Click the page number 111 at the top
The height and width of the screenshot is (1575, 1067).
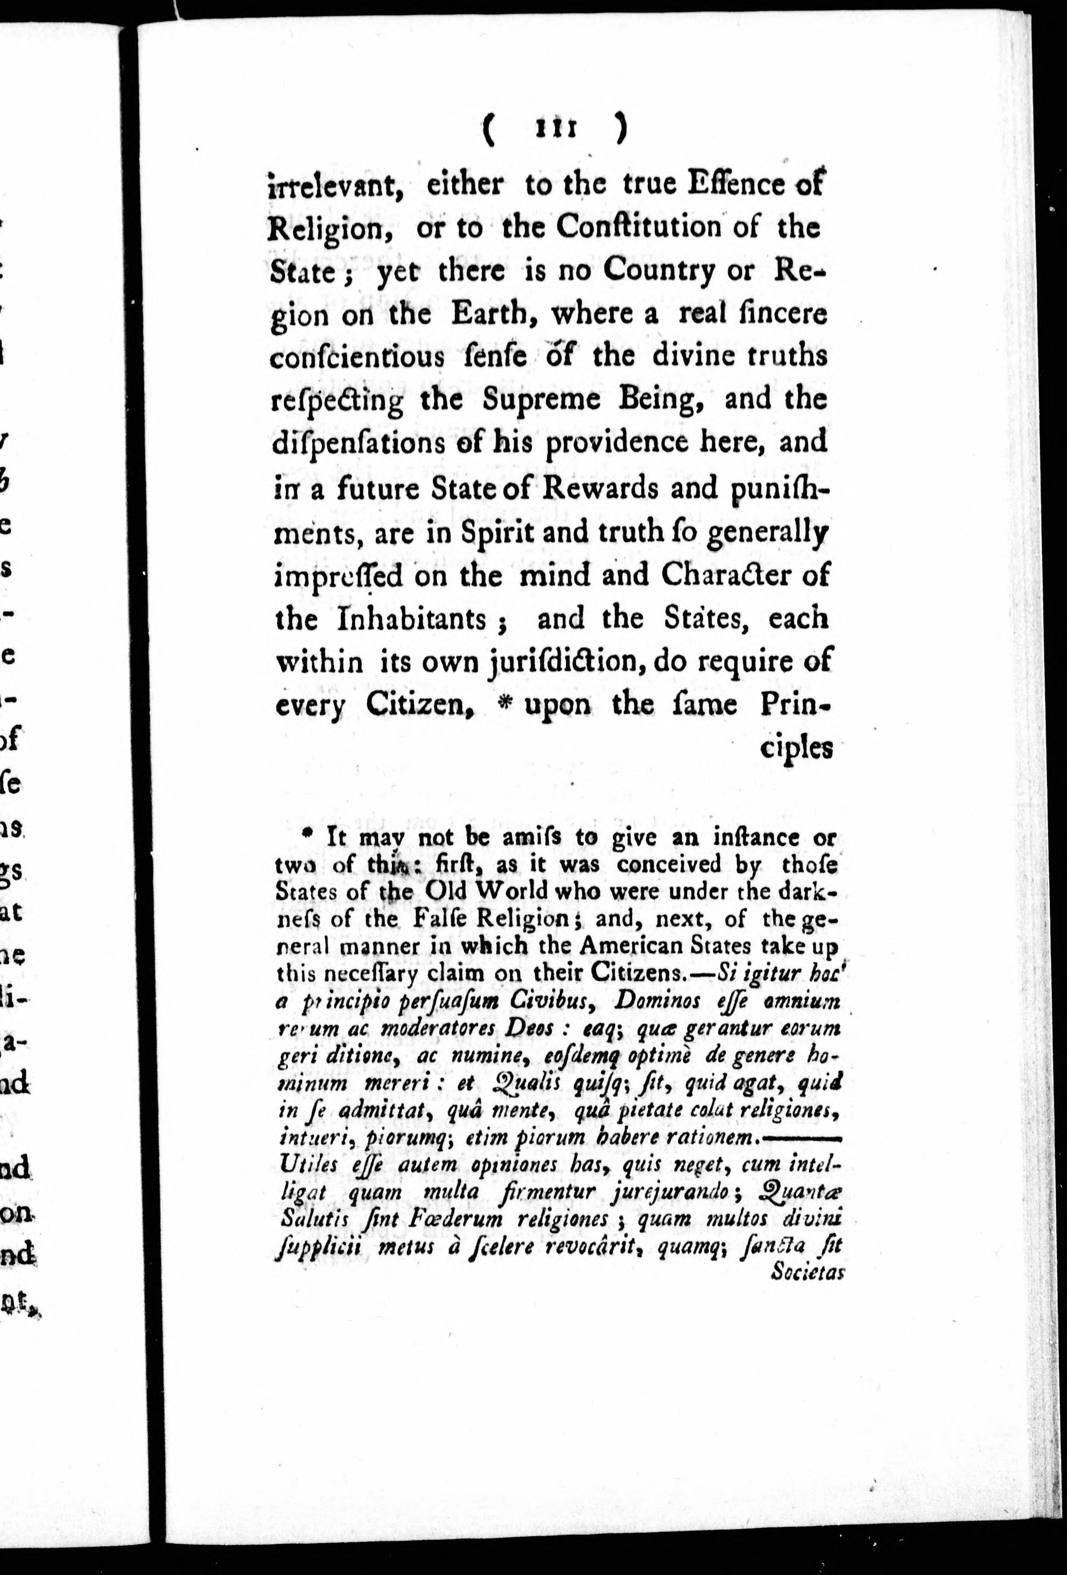[x=555, y=128]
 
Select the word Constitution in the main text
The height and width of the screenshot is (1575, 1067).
[x=639, y=228]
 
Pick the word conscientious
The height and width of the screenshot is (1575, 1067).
[x=357, y=358]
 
